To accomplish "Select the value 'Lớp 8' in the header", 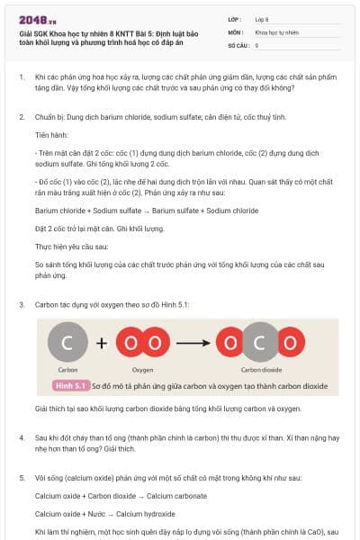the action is point(265,19).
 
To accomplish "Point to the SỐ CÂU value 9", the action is point(257,44).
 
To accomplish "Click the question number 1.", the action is point(22,78).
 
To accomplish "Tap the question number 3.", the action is point(22,304).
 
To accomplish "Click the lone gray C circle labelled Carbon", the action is point(67,342).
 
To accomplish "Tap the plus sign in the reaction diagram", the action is point(101,342).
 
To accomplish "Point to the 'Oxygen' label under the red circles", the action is point(143,369).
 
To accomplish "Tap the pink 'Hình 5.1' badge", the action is point(69,385).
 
